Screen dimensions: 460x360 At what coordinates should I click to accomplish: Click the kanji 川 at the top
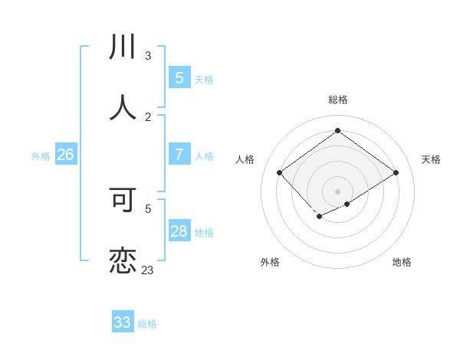coord(123,47)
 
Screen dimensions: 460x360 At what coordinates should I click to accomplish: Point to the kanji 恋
coord(123,260)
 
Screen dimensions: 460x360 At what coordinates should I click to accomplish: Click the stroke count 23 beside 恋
coord(147,270)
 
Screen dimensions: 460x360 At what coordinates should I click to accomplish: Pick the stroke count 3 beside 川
coord(147,56)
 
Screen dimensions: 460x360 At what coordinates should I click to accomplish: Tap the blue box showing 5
coord(179,78)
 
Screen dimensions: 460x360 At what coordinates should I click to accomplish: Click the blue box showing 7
coord(179,155)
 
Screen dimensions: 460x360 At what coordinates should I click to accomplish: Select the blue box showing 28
coord(179,231)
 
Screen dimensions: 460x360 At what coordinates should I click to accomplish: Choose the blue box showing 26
coord(65,155)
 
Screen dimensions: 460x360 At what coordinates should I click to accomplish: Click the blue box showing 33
coord(122,322)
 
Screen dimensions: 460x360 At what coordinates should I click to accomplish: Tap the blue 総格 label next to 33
coord(147,324)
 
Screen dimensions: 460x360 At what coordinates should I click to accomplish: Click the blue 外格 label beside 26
coord(41,156)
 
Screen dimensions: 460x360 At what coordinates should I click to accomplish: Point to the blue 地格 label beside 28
coord(204,233)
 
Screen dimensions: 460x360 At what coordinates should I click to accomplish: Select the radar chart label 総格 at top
coord(338,100)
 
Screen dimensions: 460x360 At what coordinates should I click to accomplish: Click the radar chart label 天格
coord(431,159)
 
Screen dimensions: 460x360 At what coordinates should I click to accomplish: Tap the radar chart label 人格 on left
coord(245,159)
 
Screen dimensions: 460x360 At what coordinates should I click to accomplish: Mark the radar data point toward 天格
coord(396,173)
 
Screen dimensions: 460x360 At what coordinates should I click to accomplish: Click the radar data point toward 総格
coord(337,131)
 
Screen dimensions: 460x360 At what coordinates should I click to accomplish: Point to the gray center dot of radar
coord(337,191)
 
